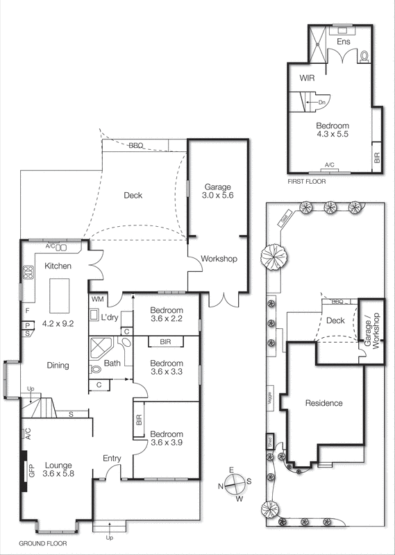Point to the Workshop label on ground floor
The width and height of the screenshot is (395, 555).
[219, 259]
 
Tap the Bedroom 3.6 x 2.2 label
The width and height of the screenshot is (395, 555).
[166, 314]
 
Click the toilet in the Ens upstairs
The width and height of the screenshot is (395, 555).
[364, 55]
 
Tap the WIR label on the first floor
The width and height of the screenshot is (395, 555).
[308, 78]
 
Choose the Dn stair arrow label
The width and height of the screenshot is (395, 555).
[321, 103]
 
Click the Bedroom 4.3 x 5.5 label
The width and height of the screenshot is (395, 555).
[332, 130]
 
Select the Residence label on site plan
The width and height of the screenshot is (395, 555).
[323, 403]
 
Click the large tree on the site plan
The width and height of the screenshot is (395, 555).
[276, 259]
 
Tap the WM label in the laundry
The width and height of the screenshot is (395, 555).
[96, 299]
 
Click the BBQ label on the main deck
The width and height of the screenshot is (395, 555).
[136, 146]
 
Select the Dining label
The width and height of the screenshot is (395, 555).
[57, 366]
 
